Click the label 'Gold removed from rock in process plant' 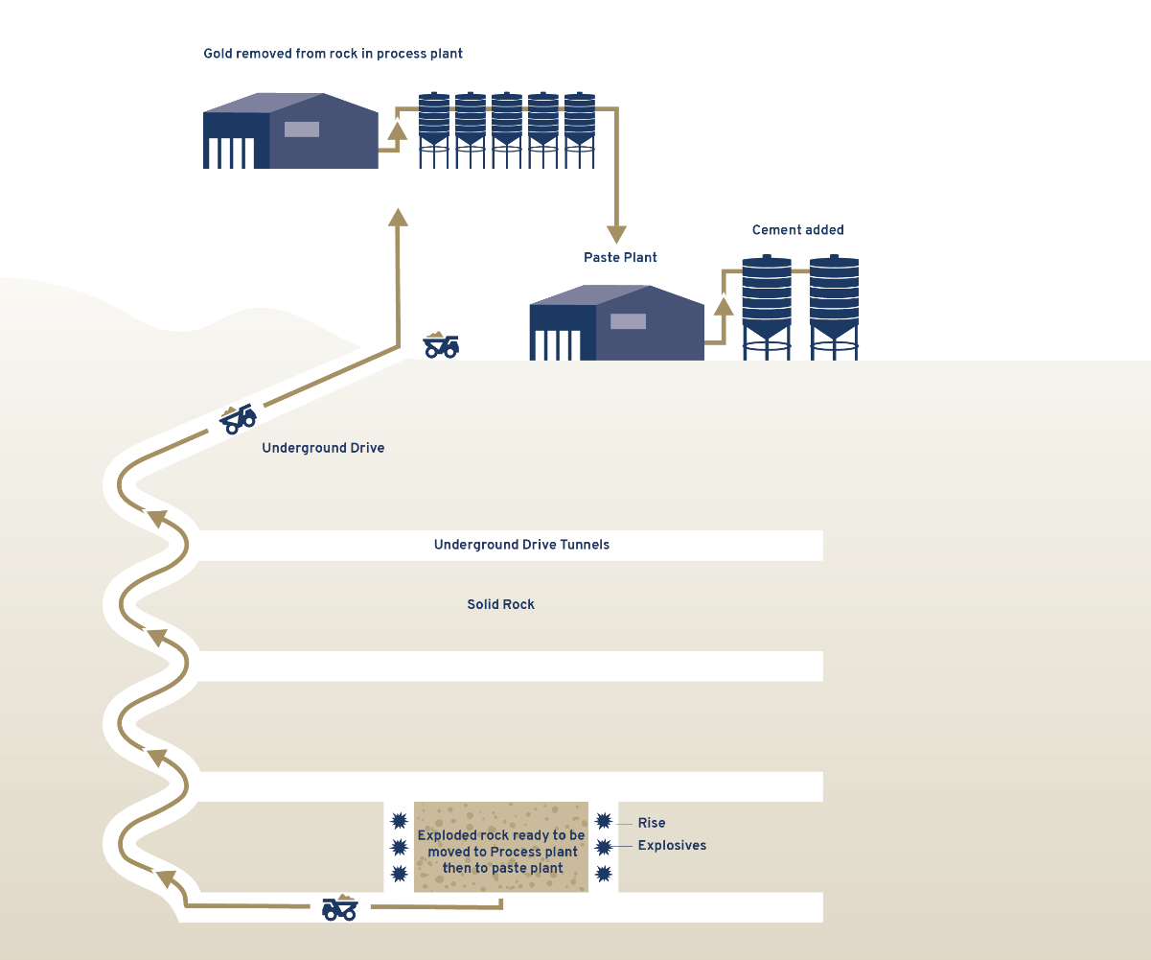[x=333, y=54]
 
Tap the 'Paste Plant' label [x=620, y=258]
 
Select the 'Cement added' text [x=797, y=230]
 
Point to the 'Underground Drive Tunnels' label [x=521, y=545]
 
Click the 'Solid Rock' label [x=500, y=605]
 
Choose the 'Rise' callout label [x=652, y=823]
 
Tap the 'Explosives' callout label [x=672, y=846]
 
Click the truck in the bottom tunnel [x=339, y=907]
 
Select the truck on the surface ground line [x=441, y=345]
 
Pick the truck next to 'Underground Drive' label [x=238, y=418]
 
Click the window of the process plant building [x=301, y=129]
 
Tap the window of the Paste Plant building [x=628, y=321]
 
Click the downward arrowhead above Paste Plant [x=616, y=234]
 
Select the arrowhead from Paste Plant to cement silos [x=724, y=307]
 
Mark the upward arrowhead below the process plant [x=398, y=217]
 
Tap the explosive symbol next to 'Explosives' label [x=603, y=847]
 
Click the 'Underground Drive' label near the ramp [x=323, y=448]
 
